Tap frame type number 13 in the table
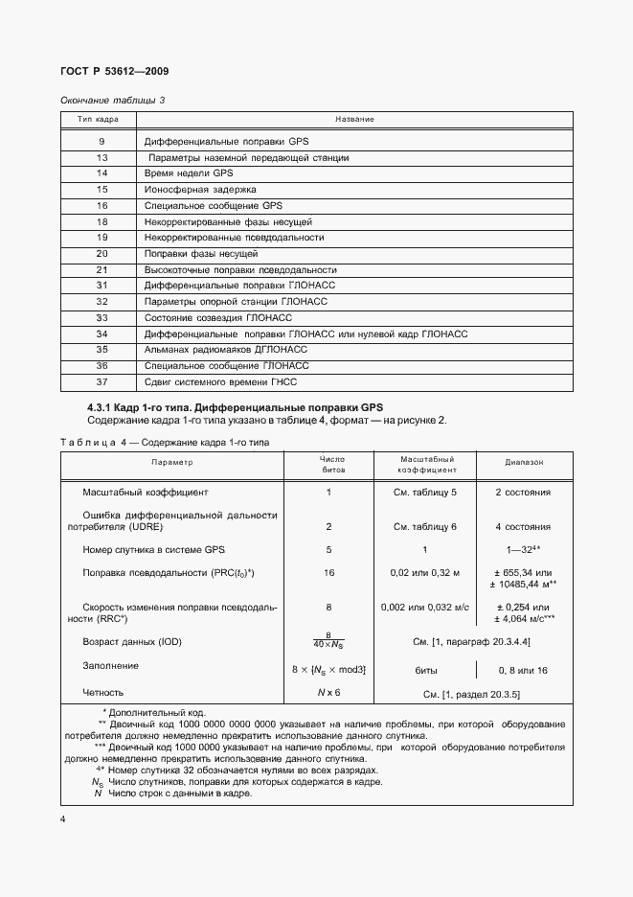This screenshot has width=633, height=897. [102, 157]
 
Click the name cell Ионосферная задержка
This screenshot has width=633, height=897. [187, 190]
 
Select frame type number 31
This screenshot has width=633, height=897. [102, 286]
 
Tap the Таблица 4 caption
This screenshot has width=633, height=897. [165, 443]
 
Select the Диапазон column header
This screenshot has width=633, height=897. [524, 462]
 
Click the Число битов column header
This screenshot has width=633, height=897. [331, 465]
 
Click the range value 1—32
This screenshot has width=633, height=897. [523, 550]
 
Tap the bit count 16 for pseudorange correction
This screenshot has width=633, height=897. [328, 572]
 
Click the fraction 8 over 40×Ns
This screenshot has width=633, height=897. [328, 640]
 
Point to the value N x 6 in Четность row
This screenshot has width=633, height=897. [328, 691]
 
